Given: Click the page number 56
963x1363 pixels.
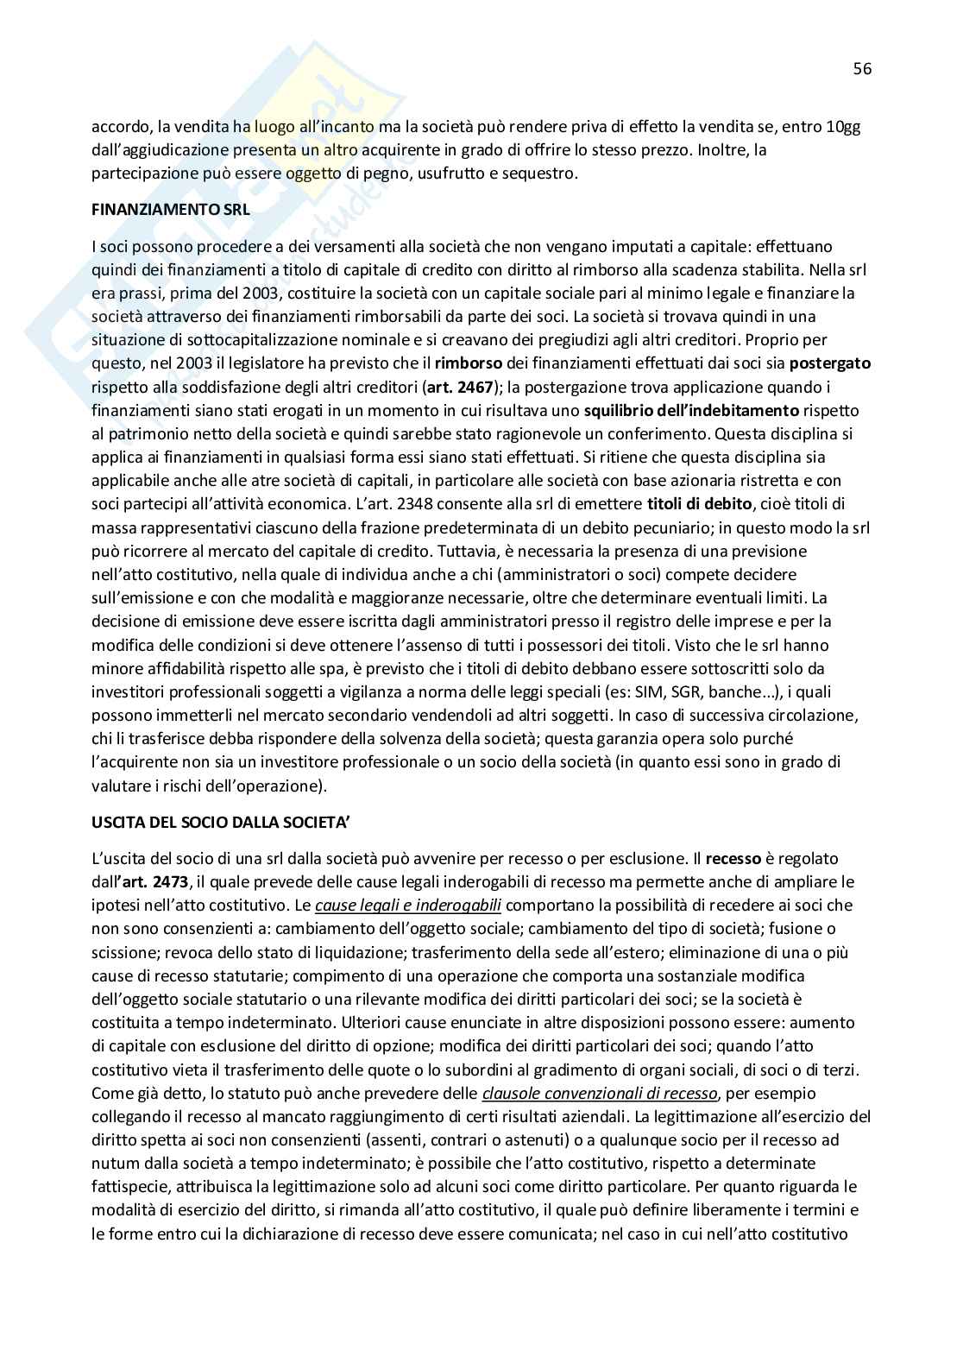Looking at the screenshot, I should pos(862,69).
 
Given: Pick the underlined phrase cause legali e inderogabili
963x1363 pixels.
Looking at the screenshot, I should pos(408,906).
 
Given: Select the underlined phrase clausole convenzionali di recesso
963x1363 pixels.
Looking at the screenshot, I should pos(600,1093).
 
